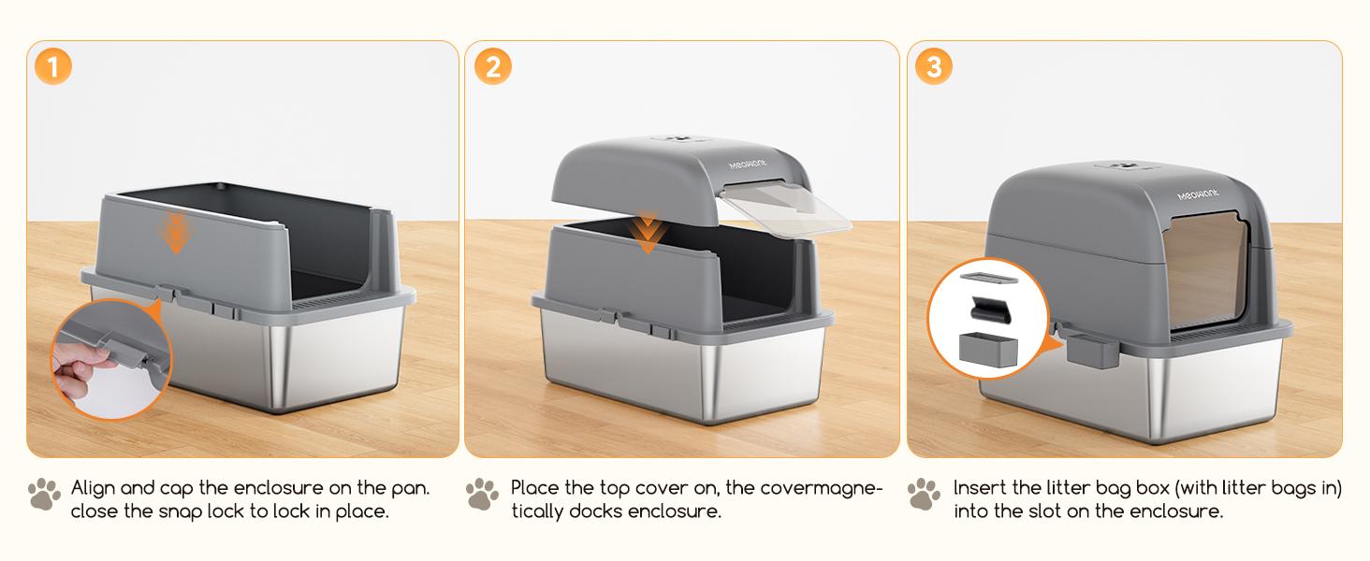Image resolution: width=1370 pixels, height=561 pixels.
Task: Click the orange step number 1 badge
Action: [54, 67]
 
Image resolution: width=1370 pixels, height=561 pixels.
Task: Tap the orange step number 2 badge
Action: [493, 67]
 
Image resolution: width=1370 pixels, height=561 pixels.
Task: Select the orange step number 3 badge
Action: [934, 67]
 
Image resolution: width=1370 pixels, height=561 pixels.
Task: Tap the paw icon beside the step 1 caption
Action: [44, 495]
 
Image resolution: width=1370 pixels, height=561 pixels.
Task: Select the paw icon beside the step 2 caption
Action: [482, 495]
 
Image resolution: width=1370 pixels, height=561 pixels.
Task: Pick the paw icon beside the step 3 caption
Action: [924, 495]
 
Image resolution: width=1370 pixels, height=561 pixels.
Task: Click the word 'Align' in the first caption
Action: [94, 489]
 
